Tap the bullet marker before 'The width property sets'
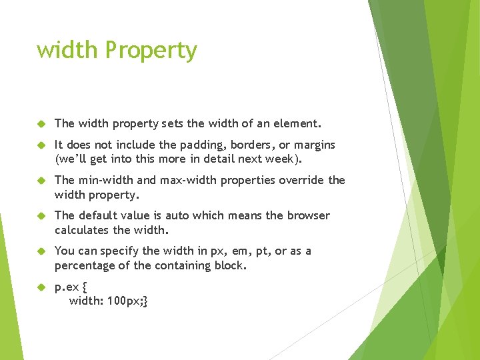[x=40, y=123]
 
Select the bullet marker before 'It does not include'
[x=40, y=145]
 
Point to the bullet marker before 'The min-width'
[x=40, y=180]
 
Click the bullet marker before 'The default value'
[x=40, y=215]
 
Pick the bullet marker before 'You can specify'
[x=40, y=251]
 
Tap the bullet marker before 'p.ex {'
[x=40, y=287]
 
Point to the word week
[x=285, y=159]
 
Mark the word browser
[x=309, y=215]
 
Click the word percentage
[x=86, y=266]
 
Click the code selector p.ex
[x=67, y=287]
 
